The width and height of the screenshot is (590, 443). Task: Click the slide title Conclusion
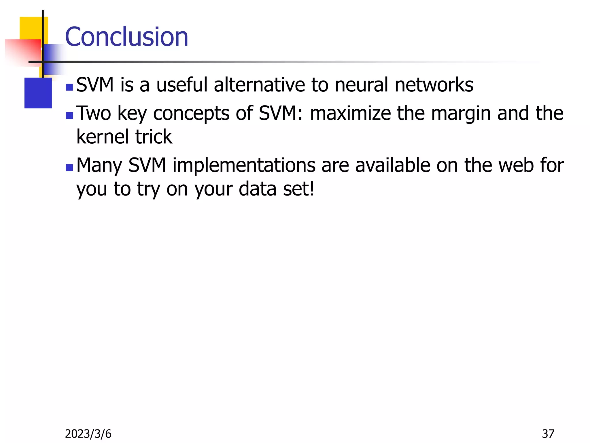pyautogui.click(x=126, y=37)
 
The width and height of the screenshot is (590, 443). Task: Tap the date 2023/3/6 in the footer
pyautogui.click(x=88, y=434)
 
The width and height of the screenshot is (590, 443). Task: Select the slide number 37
pyautogui.click(x=548, y=434)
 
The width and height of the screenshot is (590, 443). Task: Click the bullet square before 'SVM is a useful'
pyautogui.click(x=69, y=87)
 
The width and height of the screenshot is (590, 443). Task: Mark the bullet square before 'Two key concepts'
pyautogui.click(x=69, y=116)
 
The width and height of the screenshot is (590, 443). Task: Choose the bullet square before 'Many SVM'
pyautogui.click(x=69, y=168)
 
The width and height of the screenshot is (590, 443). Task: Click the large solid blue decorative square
pyautogui.click(x=38, y=93)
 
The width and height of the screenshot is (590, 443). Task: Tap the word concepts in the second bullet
pyautogui.click(x=191, y=114)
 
